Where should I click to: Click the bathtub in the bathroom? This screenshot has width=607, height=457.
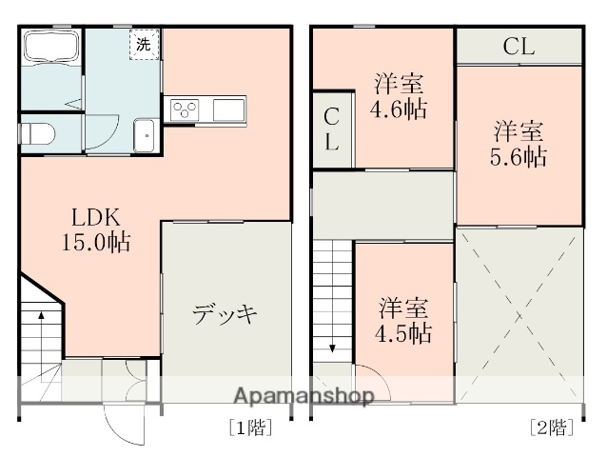50,48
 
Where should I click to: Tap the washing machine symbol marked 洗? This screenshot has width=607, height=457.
144,45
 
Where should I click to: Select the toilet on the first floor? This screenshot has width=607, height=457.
38,133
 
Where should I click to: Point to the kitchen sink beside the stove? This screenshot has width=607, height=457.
228,109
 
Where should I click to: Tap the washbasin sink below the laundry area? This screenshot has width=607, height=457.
145,136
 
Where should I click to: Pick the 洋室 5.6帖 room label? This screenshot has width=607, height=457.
519,143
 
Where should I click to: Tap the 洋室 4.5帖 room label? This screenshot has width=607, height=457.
404,321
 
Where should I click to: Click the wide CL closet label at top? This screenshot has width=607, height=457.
519,45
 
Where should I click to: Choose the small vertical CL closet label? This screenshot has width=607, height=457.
331,130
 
